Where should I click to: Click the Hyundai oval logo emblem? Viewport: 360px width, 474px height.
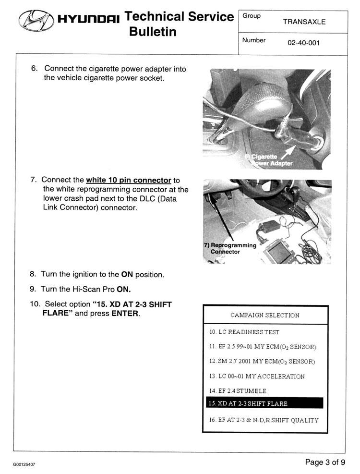pos(36,20)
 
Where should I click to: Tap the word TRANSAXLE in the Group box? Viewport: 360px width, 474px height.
pos(304,22)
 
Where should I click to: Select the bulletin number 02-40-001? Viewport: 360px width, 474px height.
pos(303,43)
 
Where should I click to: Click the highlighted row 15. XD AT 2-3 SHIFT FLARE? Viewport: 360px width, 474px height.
pos(264,403)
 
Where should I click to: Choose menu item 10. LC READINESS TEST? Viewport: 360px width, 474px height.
pos(244,332)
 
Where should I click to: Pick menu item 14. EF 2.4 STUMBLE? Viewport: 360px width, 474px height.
pos(238,391)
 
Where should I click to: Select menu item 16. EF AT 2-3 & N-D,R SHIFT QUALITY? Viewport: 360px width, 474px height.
pos(264,420)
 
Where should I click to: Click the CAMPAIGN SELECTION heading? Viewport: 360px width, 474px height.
pos(265,315)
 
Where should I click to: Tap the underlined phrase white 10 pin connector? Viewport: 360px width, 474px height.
pos(129,180)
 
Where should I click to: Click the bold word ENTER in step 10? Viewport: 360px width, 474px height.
pos(125,313)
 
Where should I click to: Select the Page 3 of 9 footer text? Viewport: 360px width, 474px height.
pos(325,462)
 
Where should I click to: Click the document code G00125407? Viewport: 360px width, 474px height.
pos(24,464)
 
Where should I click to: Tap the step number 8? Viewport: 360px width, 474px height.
pos(33,274)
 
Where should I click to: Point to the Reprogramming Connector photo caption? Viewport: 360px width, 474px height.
pos(230,248)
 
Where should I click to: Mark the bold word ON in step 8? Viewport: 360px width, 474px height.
pos(127,275)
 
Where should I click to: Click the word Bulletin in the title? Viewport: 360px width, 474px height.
pos(153,31)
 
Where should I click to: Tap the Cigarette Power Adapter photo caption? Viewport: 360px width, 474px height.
pos(268,160)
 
